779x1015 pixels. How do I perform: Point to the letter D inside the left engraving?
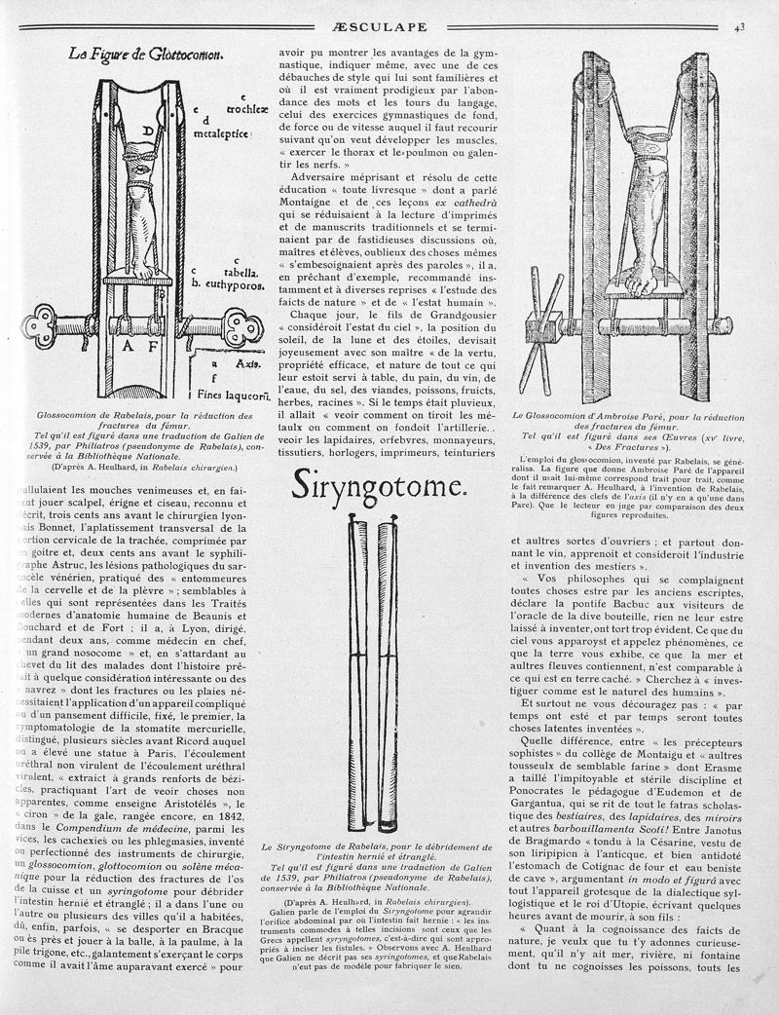click(149, 131)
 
